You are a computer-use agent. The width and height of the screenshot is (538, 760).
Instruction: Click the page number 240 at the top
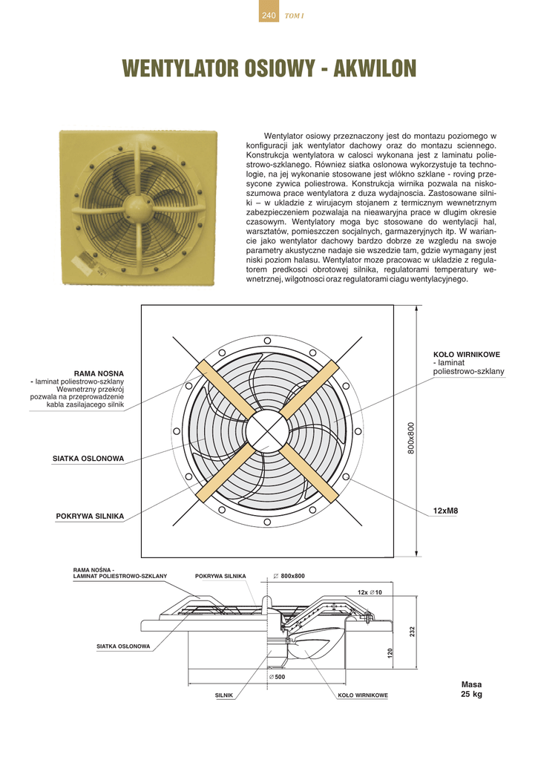[269, 16]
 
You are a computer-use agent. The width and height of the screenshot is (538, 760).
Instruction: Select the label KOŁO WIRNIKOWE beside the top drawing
[466, 354]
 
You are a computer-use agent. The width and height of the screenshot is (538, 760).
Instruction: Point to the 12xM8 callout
[446, 511]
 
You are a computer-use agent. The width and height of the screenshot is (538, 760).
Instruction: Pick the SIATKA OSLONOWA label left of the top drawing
[88, 459]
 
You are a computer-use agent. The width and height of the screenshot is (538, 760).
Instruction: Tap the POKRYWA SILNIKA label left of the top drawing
[90, 515]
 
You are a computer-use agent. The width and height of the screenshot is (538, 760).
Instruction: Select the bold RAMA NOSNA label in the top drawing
[99, 373]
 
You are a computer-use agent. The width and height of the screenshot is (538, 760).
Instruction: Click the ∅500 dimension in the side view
[276, 677]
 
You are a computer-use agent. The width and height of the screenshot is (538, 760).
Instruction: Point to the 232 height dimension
[411, 631]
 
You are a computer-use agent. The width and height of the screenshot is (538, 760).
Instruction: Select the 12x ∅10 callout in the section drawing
[369, 592]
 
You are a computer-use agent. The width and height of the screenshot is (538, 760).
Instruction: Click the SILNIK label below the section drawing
[224, 695]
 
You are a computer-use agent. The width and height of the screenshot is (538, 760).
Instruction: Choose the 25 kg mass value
[471, 695]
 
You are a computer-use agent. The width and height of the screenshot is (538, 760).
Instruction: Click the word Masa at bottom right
[471, 684]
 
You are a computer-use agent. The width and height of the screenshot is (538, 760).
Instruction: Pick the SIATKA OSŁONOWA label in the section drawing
[123, 646]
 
